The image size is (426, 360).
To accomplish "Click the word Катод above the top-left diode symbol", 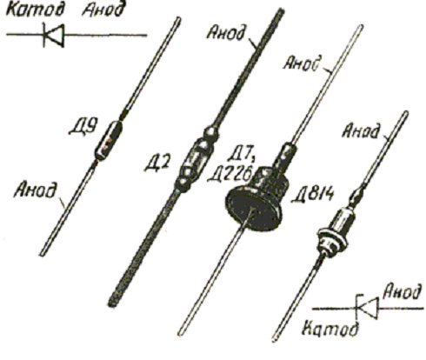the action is coord(35,10).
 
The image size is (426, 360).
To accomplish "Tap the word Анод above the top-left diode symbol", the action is coord(103,10).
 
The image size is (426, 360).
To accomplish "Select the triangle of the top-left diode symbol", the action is coord(56,36).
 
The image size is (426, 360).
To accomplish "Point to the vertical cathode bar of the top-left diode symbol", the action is coord(44,35).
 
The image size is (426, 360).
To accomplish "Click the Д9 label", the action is coord(83,126).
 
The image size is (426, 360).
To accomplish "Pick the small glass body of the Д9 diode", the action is coord(109,140).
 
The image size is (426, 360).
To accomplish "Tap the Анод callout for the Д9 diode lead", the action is coord(35,190).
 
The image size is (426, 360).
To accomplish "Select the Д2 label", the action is coord(156,163).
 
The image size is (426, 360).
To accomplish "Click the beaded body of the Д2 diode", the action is coord(196,159).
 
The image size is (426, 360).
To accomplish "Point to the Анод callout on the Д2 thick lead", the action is coord(227,32).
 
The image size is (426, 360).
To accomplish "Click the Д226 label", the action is coord(230,175).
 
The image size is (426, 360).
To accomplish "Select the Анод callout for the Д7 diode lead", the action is coord(303,63).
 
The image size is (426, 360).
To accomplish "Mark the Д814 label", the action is coord(312,194).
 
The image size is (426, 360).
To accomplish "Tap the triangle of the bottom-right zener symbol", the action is coord(369,308).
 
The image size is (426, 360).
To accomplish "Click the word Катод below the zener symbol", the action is coord(330,329).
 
